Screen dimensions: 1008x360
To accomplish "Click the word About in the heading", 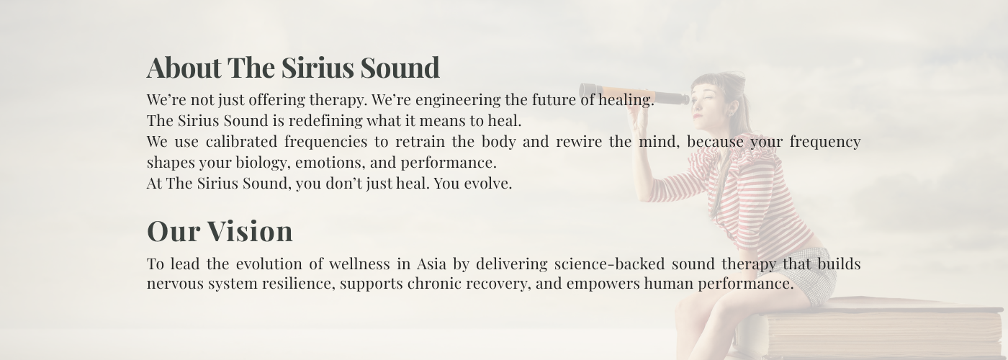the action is coord(184,68).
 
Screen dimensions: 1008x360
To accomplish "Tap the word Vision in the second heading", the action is coord(250,231).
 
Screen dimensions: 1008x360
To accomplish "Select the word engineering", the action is coord(458,100).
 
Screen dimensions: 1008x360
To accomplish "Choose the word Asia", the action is coord(431,264).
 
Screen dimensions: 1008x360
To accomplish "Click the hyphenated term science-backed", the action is coord(609,264).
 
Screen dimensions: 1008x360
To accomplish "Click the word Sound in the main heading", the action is coord(400,68).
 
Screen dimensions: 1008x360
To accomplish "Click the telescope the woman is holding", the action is coord(634,94).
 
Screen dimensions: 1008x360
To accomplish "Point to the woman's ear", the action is coord(732,108).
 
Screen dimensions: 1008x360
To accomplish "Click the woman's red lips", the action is coord(698,116).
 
